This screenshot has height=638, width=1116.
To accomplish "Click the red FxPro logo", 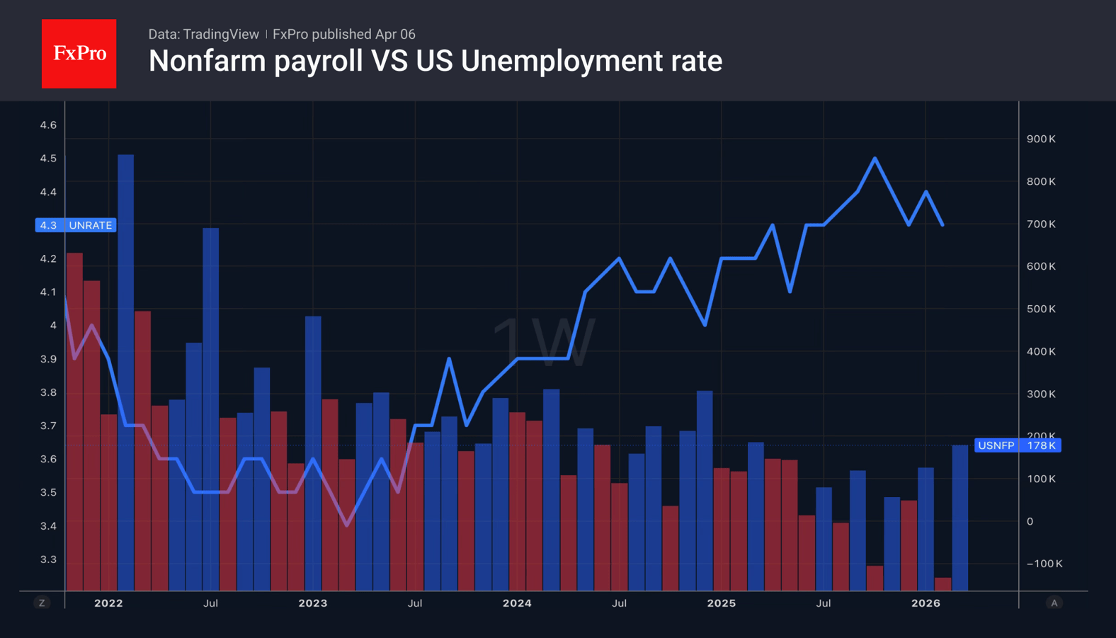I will pyautogui.click(x=79, y=54).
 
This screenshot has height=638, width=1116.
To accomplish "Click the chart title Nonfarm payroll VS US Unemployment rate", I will pyautogui.click(x=435, y=62).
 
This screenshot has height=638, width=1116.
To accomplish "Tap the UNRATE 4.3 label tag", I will pyautogui.click(x=76, y=225).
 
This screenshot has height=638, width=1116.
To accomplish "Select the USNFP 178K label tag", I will pyautogui.click(x=1017, y=445).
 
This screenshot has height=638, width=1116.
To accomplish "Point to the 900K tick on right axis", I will pyautogui.click(x=1040, y=139).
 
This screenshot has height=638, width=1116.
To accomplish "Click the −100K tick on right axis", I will pyautogui.click(x=1044, y=564).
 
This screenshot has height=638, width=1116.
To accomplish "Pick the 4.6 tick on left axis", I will pyautogui.click(x=48, y=125).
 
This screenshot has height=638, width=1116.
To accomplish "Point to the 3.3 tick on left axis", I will pyautogui.click(x=48, y=559).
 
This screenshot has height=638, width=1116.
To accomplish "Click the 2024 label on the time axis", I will pyautogui.click(x=517, y=603).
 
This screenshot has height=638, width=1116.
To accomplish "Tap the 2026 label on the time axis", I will pyautogui.click(x=926, y=603).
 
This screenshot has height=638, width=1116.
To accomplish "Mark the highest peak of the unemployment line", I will pyautogui.click(x=875, y=159).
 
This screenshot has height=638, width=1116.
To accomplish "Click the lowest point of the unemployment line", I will pyautogui.click(x=347, y=525).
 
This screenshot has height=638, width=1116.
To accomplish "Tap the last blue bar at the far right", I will pyautogui.click(x=960, y=517).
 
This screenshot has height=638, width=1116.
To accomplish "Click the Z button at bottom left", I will pyautogui.click(x=42, y=603).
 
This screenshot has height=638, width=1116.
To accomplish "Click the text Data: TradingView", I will pyautogui.click(x=203, y=34).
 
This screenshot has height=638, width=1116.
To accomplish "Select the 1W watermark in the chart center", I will pyautogui.click(x=543, y=342).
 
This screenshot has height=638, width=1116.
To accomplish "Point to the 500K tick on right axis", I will pyautogui.click(x=1040, y=309).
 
